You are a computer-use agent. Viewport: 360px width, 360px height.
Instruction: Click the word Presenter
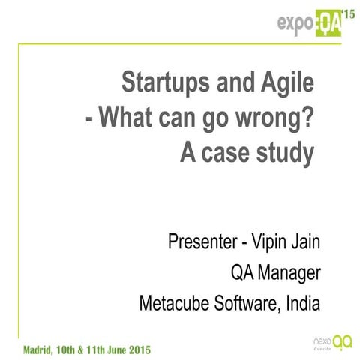200,244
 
